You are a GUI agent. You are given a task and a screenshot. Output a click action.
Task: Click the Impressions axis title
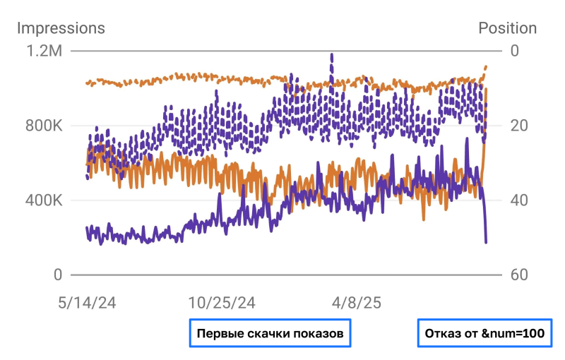coord(61,28)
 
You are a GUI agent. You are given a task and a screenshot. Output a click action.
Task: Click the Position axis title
coord(507,28)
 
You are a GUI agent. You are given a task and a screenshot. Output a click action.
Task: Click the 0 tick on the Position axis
coord(514,51)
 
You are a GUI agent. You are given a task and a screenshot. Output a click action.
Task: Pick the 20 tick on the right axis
coord(518,126)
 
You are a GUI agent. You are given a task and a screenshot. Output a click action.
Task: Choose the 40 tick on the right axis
coord(518,200)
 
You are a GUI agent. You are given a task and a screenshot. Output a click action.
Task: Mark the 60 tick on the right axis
coord(518,275)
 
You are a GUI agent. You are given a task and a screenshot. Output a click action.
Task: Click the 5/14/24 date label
coord(88,303)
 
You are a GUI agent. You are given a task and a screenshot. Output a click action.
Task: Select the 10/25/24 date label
coord(221,303)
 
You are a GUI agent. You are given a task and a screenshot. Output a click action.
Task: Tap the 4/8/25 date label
coord(356,303)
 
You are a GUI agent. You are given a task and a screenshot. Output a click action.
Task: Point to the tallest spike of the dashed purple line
coord(332,55)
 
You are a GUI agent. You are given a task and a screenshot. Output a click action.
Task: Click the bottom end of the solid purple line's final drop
coord(486,243)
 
